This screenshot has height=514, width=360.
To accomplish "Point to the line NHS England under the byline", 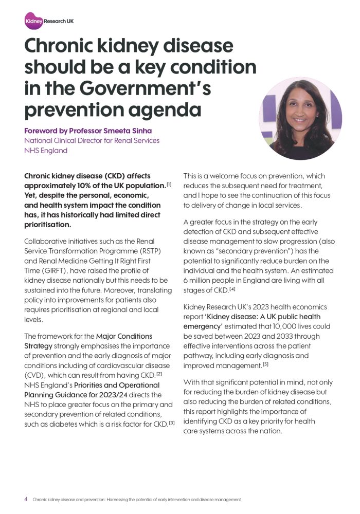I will tap(46, 151).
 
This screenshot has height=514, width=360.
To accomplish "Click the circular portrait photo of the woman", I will tap(300, 118).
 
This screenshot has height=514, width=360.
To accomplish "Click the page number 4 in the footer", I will tap(26, 499).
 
